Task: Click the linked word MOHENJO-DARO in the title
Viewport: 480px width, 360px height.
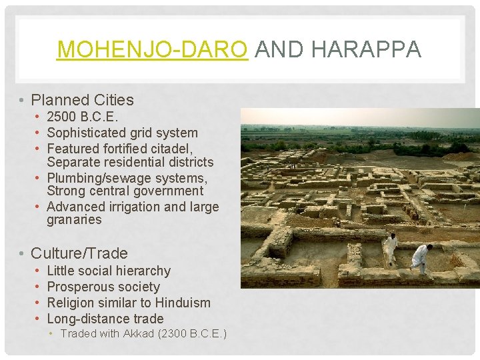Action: click(x=153, y=49)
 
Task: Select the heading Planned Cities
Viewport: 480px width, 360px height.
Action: click(x=83, y=101)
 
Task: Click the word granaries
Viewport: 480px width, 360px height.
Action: click(x=74, y=220)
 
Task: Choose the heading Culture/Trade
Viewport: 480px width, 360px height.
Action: click(x=79, y=253)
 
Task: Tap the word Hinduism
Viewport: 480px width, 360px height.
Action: click(x=181, y=303)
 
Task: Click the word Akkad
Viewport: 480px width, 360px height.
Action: click(x=139, y=333)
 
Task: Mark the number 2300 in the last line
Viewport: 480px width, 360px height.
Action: click(x=175, y=333)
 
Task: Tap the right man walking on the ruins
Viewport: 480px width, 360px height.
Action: click(x=421, y=258)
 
